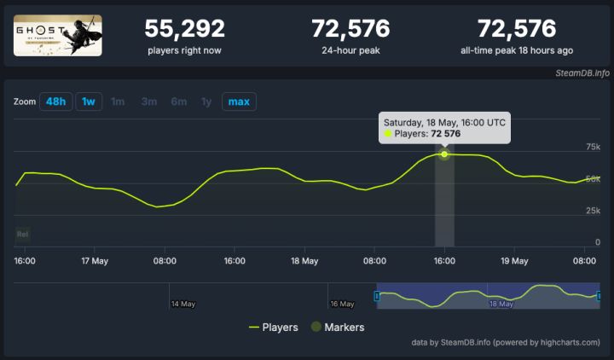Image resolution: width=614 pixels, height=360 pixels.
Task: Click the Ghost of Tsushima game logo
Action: pyautogui.click(x=58, y=35)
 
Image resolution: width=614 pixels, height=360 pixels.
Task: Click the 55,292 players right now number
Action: pyautogui.click(x=184, y=28)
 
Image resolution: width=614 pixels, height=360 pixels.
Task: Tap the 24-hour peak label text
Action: pyautogui.click(x=350, y=50)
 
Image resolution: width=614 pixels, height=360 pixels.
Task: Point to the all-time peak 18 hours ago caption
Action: pyautogui.click(x=518, y=50)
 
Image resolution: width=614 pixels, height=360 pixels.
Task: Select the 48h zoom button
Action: pyautogui.click(x=55, y=102)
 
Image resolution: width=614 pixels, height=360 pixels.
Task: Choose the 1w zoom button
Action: pyautogui.click(x=88, y=102)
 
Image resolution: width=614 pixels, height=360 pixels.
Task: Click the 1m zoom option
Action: pyautogui.click(x=118, y=102)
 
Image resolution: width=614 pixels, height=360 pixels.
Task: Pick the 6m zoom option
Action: pyautogui.click(x=178, y=102)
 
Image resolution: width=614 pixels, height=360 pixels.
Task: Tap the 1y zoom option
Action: pyautogui.click(x=206, y=102)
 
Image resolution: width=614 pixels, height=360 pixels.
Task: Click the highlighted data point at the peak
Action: pyautogui.click(x=444, y=154)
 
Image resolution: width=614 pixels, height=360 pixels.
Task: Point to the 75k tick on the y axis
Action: pyautogui.click(x=592, y=147)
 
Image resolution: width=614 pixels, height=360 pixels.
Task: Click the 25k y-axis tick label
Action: pyautogui.click(x=592, y=210)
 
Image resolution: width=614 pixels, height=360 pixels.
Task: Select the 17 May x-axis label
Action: pyautogui.click(x=94, y=260)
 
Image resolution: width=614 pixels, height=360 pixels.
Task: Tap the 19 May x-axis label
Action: pyautogui.click(x=514, y=260)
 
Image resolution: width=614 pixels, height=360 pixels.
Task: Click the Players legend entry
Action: pyautogui.click(x=273, y=327)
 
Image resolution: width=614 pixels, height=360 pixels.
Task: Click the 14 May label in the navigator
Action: pyautogui.click(x=183, y=303)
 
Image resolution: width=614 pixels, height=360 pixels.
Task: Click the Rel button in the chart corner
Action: pyautogui.click(x=24, y=233)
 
